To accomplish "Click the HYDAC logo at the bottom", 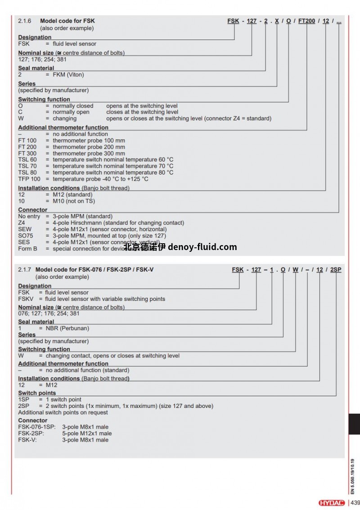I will point(332,503).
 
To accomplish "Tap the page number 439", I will point(354,503).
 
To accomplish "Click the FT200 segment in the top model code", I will point(307,21).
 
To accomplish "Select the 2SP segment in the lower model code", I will point(336,270).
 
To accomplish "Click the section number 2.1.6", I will point(25,21).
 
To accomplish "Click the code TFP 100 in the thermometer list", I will point(29,179).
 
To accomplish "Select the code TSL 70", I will point(27,166).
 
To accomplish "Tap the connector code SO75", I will point(26,236).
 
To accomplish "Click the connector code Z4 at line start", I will point(22,223).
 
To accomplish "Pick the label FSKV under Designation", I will point(25,299).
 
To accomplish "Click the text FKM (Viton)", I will point(68,75).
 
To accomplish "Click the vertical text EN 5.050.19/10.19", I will point(352,477).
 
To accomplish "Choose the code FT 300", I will point(27,153).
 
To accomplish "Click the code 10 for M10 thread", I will point(21,201).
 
